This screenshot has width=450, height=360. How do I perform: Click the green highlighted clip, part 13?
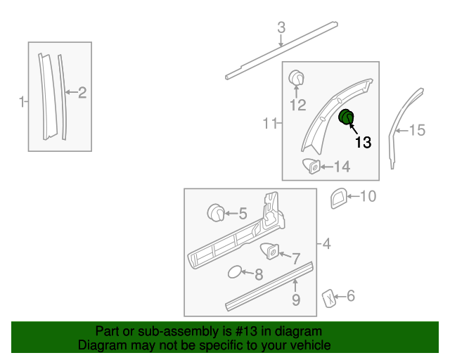(347, 118)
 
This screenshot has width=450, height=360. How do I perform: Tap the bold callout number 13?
(363, 142)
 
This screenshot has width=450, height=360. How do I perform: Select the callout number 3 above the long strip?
(281, 28)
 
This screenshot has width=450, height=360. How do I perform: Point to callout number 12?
(298, 105)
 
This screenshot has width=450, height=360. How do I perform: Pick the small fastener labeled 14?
(311, 167)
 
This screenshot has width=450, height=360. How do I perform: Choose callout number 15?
(418, 130)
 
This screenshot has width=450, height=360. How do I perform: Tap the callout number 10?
(368, 196)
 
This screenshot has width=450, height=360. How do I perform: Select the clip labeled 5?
(217, 211)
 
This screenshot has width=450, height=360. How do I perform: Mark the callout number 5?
(243, 213)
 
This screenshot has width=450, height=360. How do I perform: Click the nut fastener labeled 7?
(270, 249)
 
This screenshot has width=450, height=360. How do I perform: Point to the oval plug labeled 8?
(236, 272)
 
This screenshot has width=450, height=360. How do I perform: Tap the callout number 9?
(296, 300)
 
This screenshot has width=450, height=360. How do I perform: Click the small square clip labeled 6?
(328, 297)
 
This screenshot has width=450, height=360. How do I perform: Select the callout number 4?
(327, 244)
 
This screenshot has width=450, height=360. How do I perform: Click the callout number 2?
(82, 92)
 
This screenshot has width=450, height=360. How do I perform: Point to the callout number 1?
(21, 102)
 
